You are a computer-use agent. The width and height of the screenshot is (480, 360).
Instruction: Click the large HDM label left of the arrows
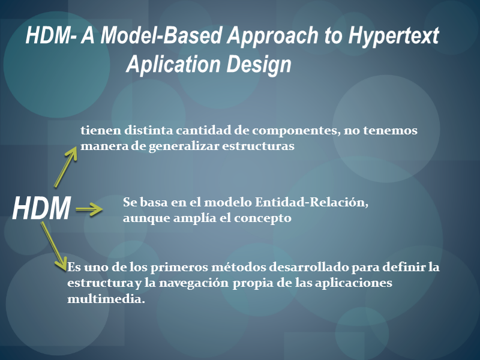41,208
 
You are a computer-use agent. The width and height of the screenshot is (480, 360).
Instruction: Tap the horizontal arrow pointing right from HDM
89,209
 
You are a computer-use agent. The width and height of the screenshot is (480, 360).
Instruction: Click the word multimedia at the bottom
106,299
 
